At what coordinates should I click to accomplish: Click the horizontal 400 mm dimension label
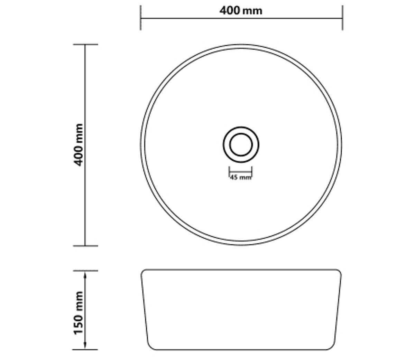pyautogui.click(x=241, y=10)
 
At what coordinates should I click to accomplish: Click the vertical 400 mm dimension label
pyautogui.click(x=78, y=145)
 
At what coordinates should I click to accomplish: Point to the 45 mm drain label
pyautogui.click(x=241, y=178)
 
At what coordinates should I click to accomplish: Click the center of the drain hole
pyautogui.click(x=241, y=145)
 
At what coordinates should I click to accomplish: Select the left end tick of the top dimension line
pyautogui.click(x=140, y=18)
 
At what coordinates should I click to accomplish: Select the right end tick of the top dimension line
pyautogui.click(x=343, y=18)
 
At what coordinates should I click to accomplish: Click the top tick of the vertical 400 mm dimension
pyautogui.click(x=85, y=44)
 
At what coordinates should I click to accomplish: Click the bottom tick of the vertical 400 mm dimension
pyautogui.click(x=85, y=246)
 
